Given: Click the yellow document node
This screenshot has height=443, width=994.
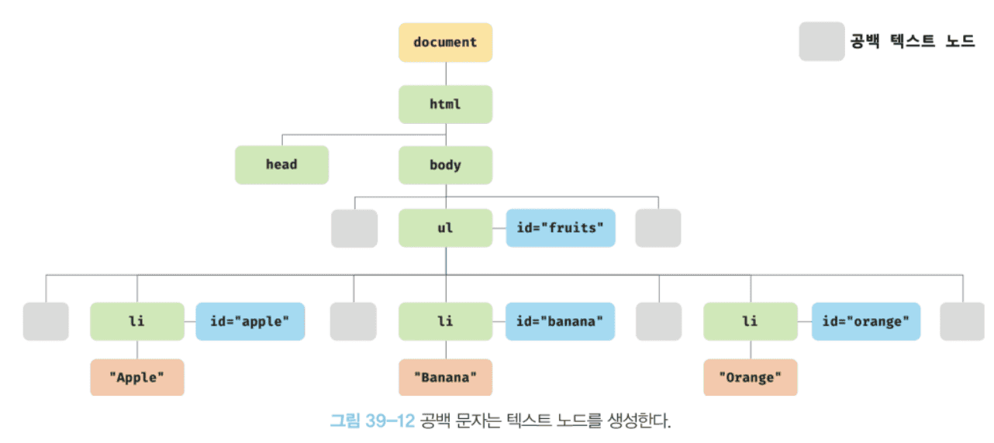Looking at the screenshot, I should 445,43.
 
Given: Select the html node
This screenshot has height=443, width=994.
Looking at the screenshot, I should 445,104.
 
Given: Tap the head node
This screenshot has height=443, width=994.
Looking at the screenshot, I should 281,165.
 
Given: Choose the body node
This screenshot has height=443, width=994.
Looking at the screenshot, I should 445,165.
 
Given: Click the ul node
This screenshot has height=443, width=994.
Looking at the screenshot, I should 445,228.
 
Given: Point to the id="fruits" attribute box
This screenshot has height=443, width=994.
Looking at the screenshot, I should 561,228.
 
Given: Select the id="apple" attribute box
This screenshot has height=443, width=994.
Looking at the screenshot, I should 250,321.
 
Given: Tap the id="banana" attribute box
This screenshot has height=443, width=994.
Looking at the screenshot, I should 561,321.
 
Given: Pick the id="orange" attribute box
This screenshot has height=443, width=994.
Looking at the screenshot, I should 866,321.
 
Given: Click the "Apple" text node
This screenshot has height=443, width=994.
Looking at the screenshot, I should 137,378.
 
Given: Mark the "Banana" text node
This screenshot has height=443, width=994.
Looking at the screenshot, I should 445,378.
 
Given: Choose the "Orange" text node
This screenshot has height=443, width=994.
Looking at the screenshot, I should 750,378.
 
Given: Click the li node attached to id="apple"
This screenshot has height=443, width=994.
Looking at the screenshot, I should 137,321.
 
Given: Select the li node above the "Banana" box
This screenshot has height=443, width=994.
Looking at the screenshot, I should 445,321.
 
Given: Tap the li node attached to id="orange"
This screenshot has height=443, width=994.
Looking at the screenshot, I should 750,321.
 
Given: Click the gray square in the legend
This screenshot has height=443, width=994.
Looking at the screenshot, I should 821,42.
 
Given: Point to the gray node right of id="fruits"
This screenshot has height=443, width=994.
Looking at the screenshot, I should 658,228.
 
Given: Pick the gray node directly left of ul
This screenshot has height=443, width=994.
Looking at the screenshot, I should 354,228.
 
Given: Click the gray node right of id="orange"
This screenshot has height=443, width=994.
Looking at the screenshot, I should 962,321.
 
